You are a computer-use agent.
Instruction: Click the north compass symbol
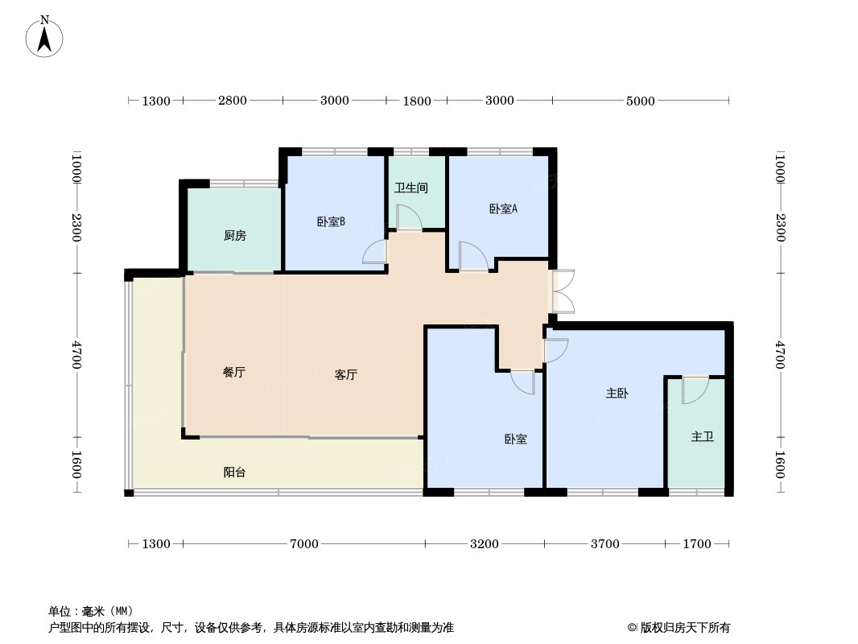click(x=45, y=37)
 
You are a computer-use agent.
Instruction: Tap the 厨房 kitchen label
click(x=234, y=236)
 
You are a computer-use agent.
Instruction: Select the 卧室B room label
click(x=331, y=221)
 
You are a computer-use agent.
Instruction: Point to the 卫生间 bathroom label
click(x=410, y=188)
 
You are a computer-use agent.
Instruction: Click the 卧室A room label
click(x=503, y=208)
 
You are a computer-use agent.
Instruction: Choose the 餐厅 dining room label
click(x=233, y=373)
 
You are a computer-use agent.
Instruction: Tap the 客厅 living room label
click(x=346, y=374)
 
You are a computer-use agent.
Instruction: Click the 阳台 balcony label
click(x=234, y=473)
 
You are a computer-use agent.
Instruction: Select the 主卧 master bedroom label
click(x=617, y=394)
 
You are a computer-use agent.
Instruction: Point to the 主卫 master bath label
click(x=702, y=437)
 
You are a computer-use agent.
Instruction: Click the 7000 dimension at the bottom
click(x=304, y=544)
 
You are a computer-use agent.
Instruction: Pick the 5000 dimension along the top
click(x=641, y=101)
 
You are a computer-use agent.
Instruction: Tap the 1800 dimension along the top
click(x=417, y=101)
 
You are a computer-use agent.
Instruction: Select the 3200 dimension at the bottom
click(x=485, y=544)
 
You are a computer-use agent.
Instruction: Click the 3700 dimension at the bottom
click(x=605, y=544)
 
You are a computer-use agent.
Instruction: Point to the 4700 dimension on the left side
click(x=76, y=355)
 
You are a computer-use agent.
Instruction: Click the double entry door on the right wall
click(x=563, y=291)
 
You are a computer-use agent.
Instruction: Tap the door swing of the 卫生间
click(x=408, y=218)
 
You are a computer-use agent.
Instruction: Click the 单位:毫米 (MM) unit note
click(x=91, y=611)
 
